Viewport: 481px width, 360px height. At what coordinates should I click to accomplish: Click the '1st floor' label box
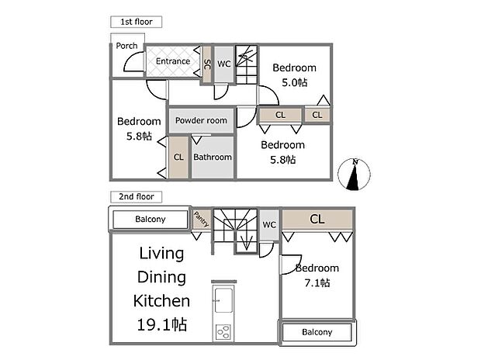click(x=136, y=22)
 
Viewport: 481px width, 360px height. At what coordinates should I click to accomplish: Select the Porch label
click(x=126, y=46)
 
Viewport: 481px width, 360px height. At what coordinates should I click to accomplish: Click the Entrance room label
click(x=173, y=61)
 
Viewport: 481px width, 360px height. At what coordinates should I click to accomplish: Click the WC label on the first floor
click(x=223, y=63)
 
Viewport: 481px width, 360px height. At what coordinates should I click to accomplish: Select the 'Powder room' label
click(x=201, y=120)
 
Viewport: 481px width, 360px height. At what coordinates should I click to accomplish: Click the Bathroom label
click(x=213, y=157)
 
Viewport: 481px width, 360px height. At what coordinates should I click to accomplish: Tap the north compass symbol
click(x=355, y=174)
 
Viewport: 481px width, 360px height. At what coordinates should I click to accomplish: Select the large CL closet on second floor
click(x=317, y=219)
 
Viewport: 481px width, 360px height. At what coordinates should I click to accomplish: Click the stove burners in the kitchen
click(x=223, y=332)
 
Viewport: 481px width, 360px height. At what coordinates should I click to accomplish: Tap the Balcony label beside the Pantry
click(x=151, y=220)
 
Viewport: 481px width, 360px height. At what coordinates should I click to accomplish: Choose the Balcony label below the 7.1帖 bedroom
click(x=317, y=332)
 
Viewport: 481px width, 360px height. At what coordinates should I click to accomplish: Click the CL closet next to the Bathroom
click(x=178, y=157)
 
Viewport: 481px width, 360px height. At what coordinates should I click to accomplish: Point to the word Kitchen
click(x=162, y=300)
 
